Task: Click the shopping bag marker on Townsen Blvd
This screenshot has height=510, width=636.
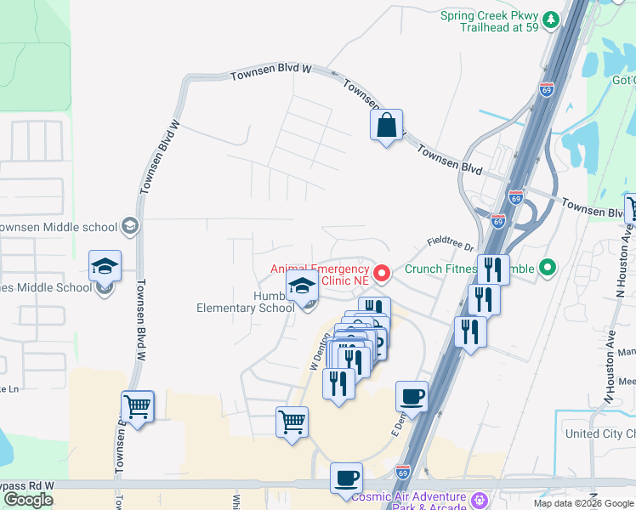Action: tap(386, 126)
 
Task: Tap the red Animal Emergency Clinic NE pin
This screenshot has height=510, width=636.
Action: tap(383, 274)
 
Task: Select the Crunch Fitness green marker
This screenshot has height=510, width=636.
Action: tap(548, 269)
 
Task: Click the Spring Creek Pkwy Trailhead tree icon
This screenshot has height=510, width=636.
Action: tap(552, 19)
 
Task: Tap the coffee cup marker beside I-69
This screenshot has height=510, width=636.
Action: tap(412, 396)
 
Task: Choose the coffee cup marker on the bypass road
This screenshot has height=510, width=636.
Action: tap(346, 478)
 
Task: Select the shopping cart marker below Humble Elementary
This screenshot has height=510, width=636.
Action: tap(292, 422)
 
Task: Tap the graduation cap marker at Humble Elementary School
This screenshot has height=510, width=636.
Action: tap(302, 287)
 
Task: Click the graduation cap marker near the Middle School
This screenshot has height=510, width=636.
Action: tap(105, 266)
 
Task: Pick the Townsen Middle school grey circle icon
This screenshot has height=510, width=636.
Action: tap(128, 226)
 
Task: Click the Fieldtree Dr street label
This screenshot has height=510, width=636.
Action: tap(450, 244)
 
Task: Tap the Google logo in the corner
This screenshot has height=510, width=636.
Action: tap(28, 500)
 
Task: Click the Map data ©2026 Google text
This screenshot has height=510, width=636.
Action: tap(582, 503)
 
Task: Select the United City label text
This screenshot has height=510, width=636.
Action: tap(599, 433)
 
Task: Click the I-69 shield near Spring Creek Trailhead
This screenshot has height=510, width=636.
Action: tap(547, 89)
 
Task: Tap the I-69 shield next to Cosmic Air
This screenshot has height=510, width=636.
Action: tap(404, 470)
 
